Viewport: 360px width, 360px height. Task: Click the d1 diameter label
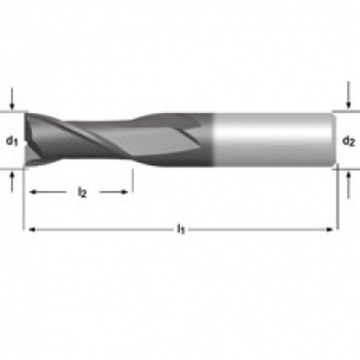pos(12,140)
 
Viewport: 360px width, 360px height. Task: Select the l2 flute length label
pos(81,193)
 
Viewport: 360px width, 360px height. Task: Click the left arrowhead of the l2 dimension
pos(32,192)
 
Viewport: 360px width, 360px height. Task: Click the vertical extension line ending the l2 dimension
pos(132,182)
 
